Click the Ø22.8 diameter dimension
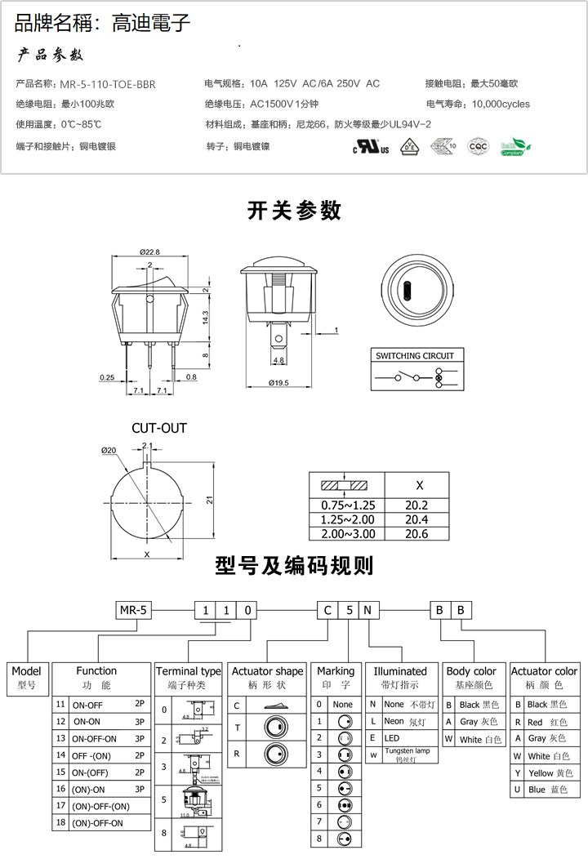149,251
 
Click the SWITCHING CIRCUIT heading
414,355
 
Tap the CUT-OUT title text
159,428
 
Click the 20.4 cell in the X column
416,519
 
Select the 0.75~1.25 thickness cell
348,505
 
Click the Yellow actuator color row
544,772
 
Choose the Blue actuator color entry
544,790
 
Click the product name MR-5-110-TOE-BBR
108,83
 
